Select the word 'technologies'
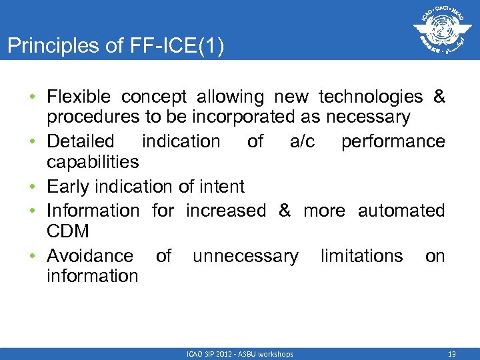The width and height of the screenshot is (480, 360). [x=371, y=97]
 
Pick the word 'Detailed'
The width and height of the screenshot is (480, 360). [x=81, y=141]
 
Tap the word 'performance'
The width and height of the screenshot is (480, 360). [x=393, y=141]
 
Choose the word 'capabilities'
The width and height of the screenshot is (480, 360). [x=93, y=162]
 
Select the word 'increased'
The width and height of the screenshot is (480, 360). [x=226, y=211]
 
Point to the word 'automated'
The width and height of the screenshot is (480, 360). [x=401, y=211]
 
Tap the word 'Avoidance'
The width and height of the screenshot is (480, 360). [x=90, y=256]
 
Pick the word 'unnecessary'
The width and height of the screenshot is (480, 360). [x=246, y=256]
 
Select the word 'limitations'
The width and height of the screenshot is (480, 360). [x=362, y=256]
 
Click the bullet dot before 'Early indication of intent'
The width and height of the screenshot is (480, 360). [x=33, y=187]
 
